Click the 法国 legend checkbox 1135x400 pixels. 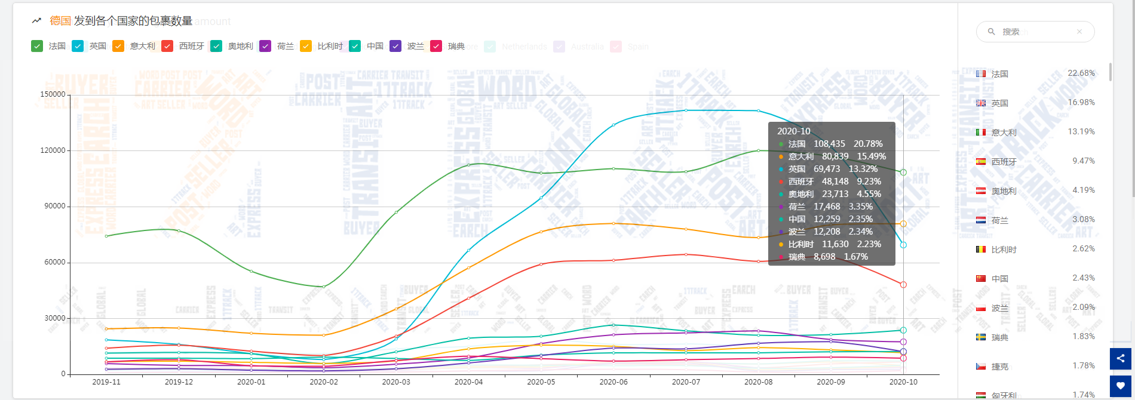(37, 46)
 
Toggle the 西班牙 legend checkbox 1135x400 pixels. (167, 46)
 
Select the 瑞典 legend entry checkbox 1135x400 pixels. (436, 46)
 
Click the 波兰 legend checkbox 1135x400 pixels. (395, 46)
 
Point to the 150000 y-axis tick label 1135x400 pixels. (53, 94)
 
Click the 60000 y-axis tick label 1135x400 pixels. (55, 262)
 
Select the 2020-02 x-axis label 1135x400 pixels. (324, 382)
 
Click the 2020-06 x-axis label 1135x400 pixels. (613, 382)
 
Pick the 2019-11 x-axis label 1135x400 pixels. (106, 382)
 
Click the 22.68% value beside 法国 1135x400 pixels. (1081, 73)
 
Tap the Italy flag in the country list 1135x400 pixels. (981, 133)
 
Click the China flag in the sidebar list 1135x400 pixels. (981, 279)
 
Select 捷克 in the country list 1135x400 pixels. (1000, 367)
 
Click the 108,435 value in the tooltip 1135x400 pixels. (829, 144)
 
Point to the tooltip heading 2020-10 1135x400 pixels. (794, 131)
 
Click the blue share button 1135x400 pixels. (1121, 358)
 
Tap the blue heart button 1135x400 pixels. (1121, 386)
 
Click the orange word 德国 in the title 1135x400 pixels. (60, 21)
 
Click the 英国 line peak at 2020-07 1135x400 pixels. (686, 110)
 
